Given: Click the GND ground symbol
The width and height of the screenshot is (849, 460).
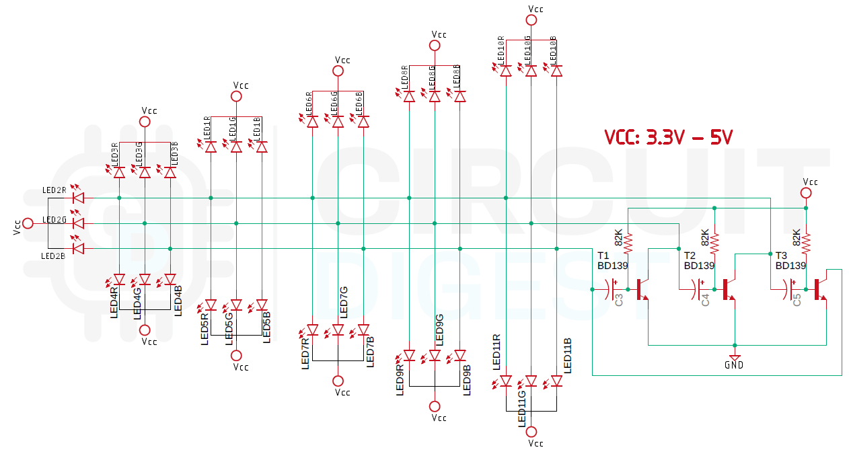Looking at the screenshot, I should point(735,357).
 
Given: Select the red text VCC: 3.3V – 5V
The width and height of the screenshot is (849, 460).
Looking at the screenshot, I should point(667,138).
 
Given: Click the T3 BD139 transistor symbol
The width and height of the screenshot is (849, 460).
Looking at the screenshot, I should point(820,289).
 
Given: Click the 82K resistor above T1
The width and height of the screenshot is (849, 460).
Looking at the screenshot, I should point(628,243).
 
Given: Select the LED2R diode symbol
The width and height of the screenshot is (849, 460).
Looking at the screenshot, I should point(78,198).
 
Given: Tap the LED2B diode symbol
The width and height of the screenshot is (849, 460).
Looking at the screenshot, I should point(78,249).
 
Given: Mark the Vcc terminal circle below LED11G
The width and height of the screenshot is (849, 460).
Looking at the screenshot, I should point(531,432).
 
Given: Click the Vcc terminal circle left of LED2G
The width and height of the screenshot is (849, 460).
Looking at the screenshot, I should point(28,223).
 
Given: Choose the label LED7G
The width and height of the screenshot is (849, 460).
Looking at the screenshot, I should point(344,301).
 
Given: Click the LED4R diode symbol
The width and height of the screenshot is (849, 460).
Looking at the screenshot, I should point(119,279).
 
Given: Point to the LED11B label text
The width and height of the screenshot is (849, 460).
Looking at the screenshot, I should point(568,355).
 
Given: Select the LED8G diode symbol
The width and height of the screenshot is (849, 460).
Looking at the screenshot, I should point(435,96).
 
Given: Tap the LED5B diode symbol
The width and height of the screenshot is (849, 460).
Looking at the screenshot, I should point(262,305).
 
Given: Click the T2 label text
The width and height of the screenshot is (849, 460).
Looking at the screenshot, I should point(690,256).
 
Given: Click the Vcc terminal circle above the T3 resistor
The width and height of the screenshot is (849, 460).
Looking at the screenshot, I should point(806,193).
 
